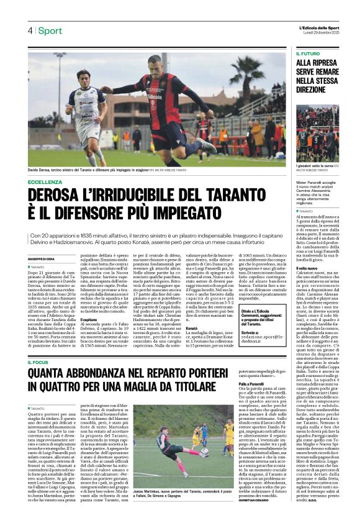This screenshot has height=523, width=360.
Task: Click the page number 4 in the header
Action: coord(29,30)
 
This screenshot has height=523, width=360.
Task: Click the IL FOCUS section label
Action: coord(38,362)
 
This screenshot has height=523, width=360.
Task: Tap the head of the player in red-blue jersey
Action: coord(154,65)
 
